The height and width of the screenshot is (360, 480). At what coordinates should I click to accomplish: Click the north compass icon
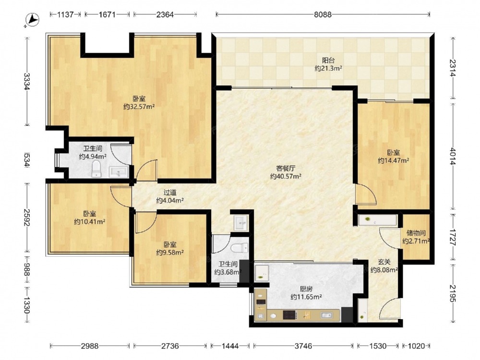point(32,20)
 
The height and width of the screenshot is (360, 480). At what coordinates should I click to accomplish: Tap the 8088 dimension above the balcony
point(323,14)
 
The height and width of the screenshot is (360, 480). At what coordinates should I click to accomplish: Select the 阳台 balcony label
point(328,60)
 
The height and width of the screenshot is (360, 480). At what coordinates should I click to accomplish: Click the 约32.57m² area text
point(139,107)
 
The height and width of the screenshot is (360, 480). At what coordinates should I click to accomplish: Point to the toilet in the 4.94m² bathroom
point(96,169)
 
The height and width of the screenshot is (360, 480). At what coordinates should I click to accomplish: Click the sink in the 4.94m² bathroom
point(119,172)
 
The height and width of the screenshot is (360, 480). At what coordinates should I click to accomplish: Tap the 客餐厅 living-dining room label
point(286,168)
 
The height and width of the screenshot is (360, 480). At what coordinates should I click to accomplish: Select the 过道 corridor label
point(170,192)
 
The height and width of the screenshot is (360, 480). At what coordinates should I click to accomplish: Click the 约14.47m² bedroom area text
point(394,160)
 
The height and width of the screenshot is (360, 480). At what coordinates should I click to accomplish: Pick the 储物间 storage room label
point(416,233)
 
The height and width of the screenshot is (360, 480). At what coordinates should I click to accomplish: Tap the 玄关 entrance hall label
point(384,262)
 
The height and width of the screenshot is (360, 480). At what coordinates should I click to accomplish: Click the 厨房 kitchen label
point(306,288)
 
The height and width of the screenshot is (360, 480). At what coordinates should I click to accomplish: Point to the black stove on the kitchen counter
point(289,315)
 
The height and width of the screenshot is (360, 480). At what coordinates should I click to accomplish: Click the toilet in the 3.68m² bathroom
point(240,248)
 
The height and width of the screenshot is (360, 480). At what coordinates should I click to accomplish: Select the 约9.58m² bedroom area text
point(170,252)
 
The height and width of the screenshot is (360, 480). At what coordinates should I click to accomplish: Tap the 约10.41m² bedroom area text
point(90,222)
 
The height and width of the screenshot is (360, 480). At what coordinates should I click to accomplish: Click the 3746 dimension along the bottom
point(303,346)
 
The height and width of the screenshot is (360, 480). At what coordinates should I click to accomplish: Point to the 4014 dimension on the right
point(453,156)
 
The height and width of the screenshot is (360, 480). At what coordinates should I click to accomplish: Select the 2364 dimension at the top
point(165,14)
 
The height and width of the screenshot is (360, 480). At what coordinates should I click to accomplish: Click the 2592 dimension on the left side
point(27,217)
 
